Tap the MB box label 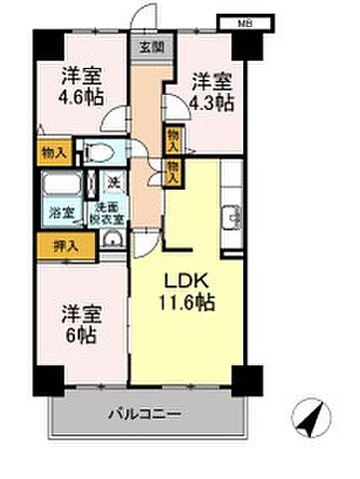click(243, 22)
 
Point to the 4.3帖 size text click(212, 102)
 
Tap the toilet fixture click(98, 152)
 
